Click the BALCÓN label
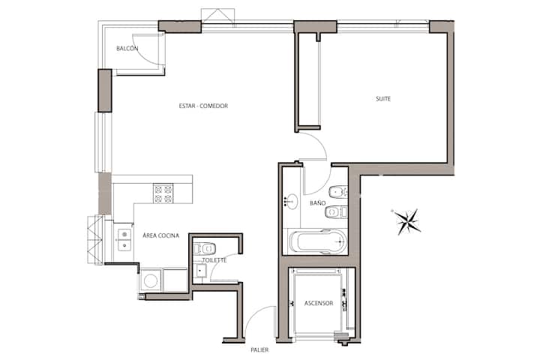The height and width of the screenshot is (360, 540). click(x=127, y=49)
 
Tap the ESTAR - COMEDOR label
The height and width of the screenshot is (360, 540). click(x=203, y=106)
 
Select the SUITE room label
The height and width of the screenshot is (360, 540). click(x=383, y=99)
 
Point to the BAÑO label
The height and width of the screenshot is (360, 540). click(x=317, y=203)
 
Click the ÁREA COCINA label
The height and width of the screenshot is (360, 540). click(x=160, y=235)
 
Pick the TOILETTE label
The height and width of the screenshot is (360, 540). click(x=214, y=260)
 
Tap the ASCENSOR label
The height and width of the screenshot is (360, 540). click(x=319, y=303)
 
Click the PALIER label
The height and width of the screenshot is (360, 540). click(x=259, y=350)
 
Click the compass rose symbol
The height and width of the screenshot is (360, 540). click(x=407, y=221)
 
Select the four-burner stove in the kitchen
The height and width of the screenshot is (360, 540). click(x=163, y=194)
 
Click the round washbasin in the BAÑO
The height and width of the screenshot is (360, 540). click(x=292, y=202)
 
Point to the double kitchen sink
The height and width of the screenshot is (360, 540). click(x=124, y=240)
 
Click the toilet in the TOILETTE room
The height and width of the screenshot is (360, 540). click(x=205, y=248)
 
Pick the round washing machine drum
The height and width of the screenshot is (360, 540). click(x=151, y=280)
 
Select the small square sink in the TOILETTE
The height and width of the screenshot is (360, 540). click(x=199, y=271)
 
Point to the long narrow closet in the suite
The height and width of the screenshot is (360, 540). click(x=307, y=80)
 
